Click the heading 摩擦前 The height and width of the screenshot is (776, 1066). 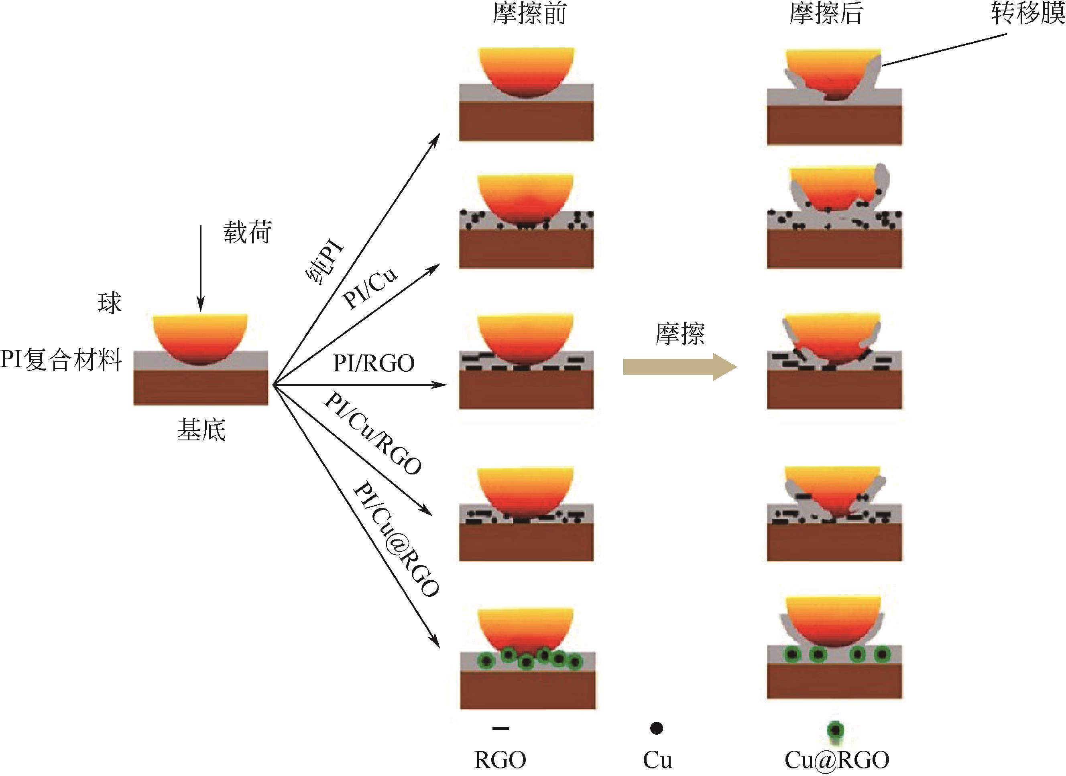pyautogui.click(x=529, y=14)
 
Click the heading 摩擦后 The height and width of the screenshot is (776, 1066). pyautogui.click(x=826, y=14)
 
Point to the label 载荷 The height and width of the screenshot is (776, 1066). pyautogui.click(x=247, y=233)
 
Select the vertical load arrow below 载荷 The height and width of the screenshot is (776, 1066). pyautogui.click(x=201, y=268)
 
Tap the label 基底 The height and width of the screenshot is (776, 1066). pyautogui.click(x=201, y=430)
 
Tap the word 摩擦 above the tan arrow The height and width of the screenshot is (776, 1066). pyautogui.click(x=680, y=334)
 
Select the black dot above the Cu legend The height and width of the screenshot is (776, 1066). pyautogui.click(x=657, y=729)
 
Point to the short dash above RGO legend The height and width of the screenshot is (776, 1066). pyautogui.click(x=500, y=729)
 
